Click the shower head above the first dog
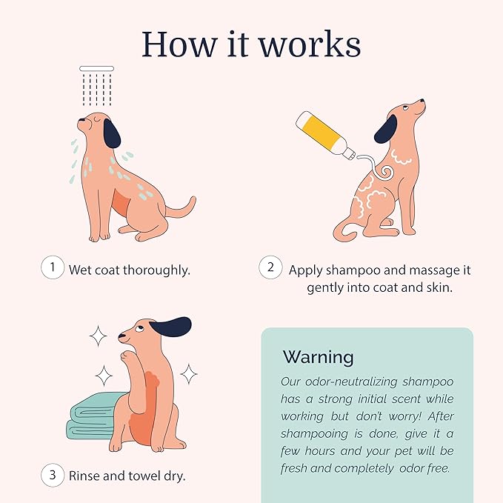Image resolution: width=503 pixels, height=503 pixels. click(x=97, y=68)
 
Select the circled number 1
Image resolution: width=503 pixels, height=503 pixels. click(x=52, y=267)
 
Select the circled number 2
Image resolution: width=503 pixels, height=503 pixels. click(x=270, y=267)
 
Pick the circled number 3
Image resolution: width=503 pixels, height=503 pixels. click(x=52, y=474)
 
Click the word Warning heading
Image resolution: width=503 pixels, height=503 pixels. click(x=318, y=357)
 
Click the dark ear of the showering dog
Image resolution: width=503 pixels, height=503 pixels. click(x=112, y=133)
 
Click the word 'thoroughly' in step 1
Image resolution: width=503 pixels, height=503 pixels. click(x=156, y=270)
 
